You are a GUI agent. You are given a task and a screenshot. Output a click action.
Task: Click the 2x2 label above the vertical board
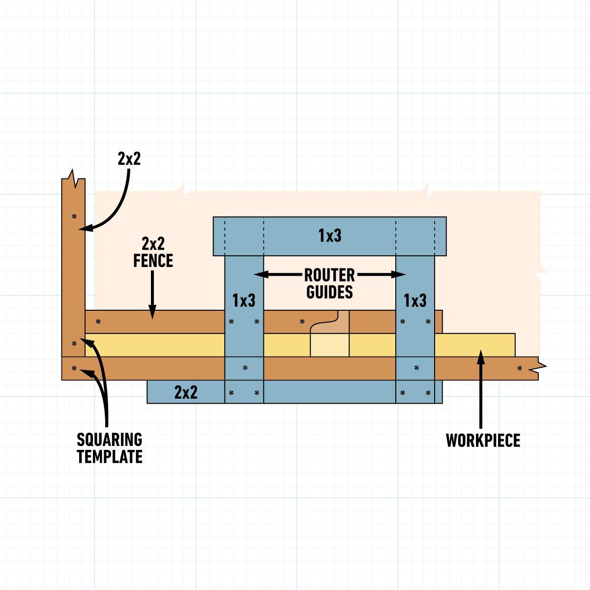point(129,158)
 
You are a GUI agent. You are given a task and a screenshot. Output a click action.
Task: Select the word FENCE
point(153,261)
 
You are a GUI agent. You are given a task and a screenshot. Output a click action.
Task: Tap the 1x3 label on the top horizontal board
point(329,236)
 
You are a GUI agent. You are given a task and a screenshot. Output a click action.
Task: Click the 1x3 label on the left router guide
point(244,300)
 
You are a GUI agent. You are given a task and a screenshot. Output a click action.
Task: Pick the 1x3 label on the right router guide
point(415,300)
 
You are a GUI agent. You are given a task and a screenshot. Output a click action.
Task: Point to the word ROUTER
point(329,274)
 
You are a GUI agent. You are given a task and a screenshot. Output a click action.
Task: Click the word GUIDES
point(329,292)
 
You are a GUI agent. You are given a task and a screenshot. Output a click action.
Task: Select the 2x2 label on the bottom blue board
point(186,392)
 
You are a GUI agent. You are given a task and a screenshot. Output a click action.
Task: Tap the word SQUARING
point(109,439)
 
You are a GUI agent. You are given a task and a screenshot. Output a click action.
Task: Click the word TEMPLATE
point(109,457)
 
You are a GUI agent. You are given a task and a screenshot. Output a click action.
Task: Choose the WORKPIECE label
point(483,440)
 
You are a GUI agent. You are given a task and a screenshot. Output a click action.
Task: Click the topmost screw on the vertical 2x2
point(74,215)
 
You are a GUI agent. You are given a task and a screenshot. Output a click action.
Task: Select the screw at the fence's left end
point(98,322)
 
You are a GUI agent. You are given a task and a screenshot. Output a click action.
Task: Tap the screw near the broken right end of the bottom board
point(520,368)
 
